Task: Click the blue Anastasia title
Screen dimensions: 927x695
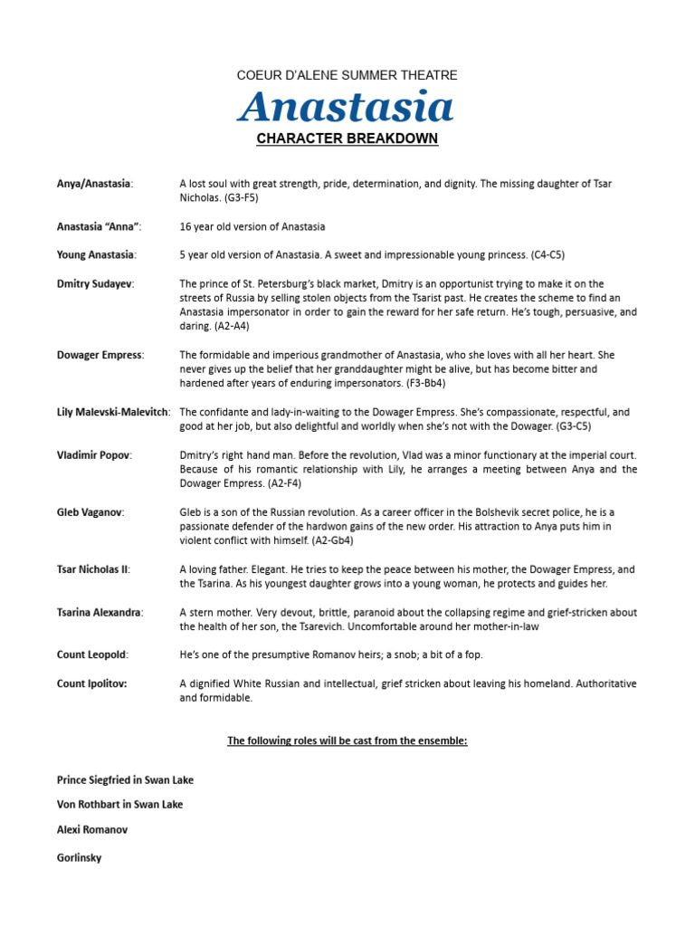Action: pos(347,107)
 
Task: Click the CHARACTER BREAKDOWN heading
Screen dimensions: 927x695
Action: pos(347,139)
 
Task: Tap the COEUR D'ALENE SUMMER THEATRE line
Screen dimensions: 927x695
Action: pos(347,75)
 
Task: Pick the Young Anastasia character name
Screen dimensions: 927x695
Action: pos(95,255)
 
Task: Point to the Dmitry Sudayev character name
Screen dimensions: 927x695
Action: pos(95,283)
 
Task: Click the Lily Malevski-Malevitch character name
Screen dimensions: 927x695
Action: pos(113,412)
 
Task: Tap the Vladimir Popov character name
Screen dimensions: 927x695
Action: pos(94,454)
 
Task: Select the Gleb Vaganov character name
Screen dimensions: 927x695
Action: pos(90,511)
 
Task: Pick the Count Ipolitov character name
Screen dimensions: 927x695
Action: pos(91,683)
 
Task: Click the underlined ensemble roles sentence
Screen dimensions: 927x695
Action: pos(347,741)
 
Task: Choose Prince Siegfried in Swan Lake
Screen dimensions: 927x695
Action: pos(125,779)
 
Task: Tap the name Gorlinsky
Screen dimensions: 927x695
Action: pos(80,857)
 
